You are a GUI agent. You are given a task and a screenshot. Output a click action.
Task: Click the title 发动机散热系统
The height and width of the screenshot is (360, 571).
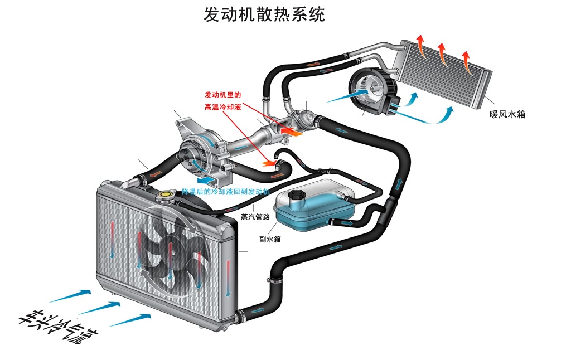(264, 14)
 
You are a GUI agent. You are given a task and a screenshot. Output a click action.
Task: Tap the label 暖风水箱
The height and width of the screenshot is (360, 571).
(507, 115)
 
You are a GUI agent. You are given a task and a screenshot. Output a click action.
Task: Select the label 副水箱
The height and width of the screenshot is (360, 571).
(270, 239)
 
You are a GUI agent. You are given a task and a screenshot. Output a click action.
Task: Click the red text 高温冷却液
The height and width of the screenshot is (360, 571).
(222, 106)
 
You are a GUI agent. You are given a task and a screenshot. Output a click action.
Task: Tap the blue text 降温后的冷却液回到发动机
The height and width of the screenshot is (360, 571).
(226, 192)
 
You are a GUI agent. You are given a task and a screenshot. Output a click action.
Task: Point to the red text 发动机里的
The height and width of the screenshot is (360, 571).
(222, 94)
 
